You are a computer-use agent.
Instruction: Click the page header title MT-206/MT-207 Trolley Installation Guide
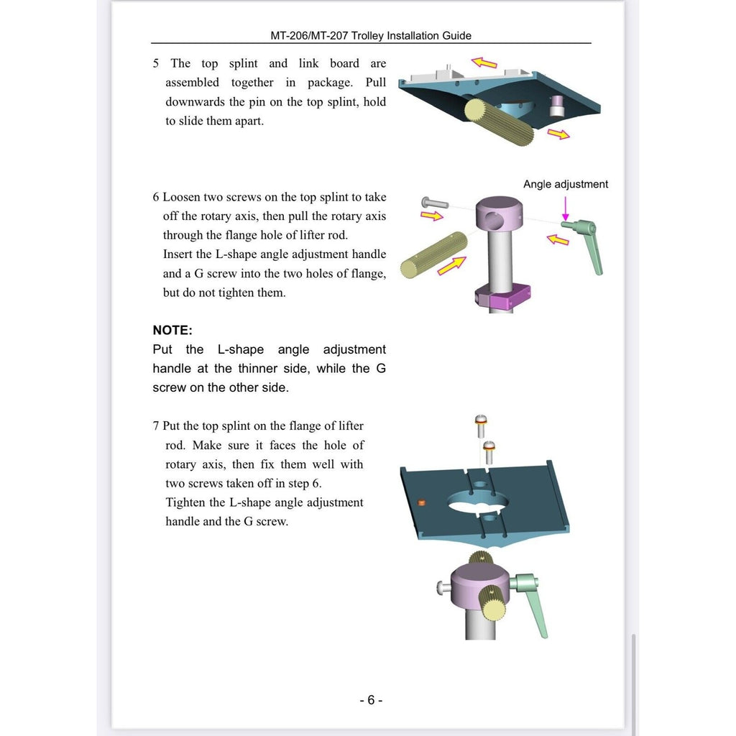pyautogui.click(x=371, y=36)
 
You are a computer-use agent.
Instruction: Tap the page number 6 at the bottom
pyautogui.click(x=371, y=700)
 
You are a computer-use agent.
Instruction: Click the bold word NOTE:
pyautogui.click(x=172, y=330)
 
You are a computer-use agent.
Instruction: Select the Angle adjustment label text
pyautogui.click(x=566, y=184)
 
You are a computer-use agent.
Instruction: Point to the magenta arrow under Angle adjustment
pyautogui.click(x=566, y=208)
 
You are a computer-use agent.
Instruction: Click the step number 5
pyautogui.click(x=156, y=63)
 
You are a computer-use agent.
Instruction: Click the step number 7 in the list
pyautogui.click(x=156, y=425)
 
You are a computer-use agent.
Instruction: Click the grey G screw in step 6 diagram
pyautogui.click(x=435, y=203)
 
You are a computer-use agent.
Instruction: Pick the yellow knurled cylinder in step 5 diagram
pyautogui.click(x=499, y=122)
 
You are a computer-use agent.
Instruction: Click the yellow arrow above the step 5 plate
pyautogui.click(x=484, y=63)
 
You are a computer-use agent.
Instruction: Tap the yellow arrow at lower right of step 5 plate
pyautogui.click(x=558, y=134)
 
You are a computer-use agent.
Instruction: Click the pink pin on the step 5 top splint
pyautogui.click(x=557, y=106)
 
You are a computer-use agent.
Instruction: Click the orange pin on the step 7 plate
pyautogui.click(x=421, y=502)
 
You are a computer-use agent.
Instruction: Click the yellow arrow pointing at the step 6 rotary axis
pyautogui.click(x=451, y=265)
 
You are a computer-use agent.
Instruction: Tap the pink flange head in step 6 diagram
pyautogui.click(x=499, y=213)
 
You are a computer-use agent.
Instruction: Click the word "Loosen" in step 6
pyautogui.click(x=181, y=197)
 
